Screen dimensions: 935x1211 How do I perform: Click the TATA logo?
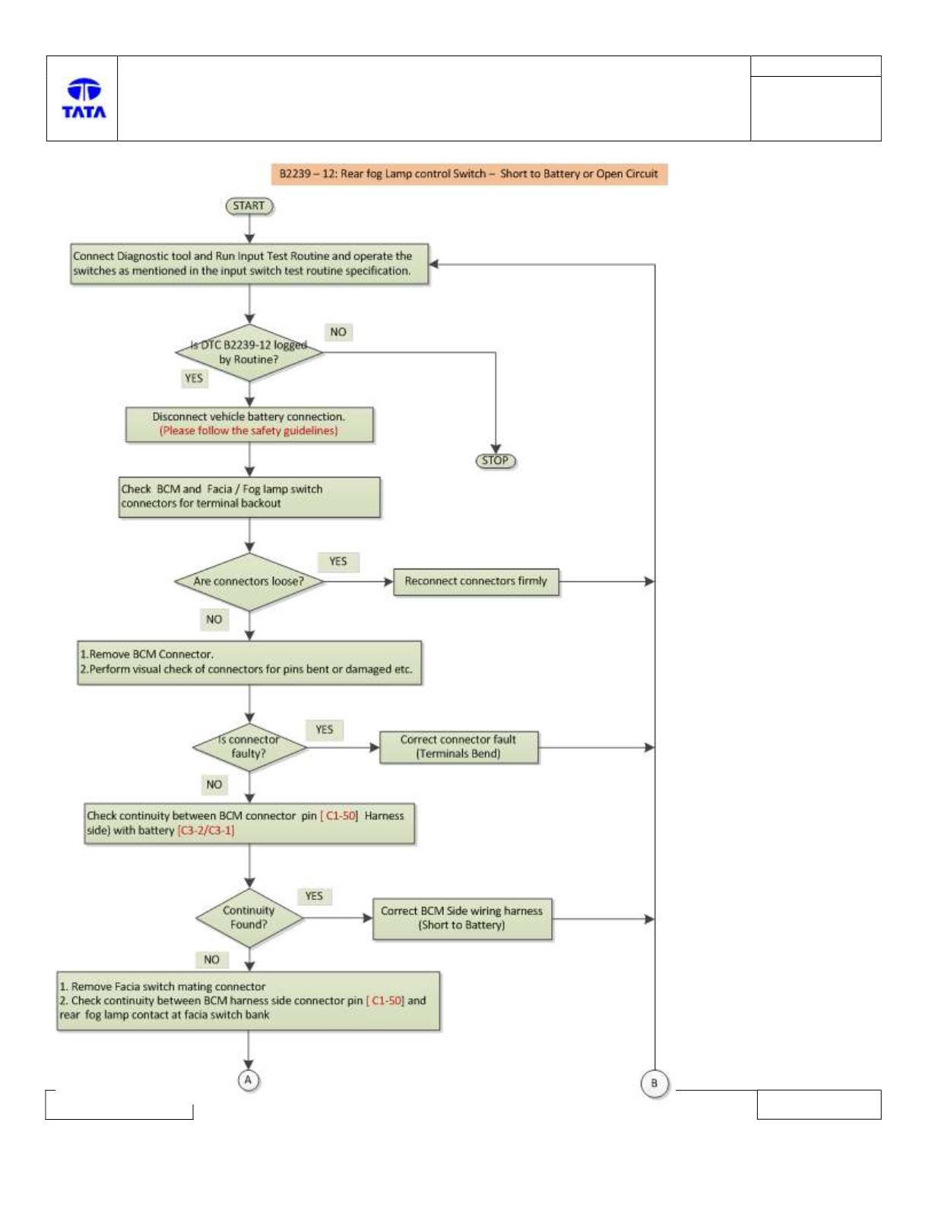tap(84, 98)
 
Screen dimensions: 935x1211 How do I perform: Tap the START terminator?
tap(249, 206)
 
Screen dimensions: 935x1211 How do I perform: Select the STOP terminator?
tap(496, 461)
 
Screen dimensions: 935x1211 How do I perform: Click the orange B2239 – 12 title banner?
tap(469, 174)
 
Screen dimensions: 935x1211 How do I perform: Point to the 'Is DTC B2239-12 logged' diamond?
tap(249, 352)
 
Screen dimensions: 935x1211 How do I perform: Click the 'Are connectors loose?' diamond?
tap(249, 582)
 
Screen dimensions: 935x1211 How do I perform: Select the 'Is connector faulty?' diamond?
tap(249, 747)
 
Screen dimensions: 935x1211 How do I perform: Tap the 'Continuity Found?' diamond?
tap(249, 918)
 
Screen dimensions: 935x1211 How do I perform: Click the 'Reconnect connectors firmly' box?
tap(476, 582)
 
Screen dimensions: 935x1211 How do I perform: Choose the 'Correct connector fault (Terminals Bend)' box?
tap(458, 747)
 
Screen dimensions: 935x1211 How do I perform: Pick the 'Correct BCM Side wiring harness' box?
tap(462, 918)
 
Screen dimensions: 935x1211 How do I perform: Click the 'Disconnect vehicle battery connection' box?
tap(249, 424)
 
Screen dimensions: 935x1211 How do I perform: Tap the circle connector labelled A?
tap(249, 1080)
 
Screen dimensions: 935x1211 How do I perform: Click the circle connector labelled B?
tap(654, 1083)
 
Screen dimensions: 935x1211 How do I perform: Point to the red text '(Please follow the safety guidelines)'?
tap(249, 431)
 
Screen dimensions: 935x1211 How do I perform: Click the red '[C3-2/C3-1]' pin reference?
tap(205, 830)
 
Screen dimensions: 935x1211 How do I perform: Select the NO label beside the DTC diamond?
tap(338, 332)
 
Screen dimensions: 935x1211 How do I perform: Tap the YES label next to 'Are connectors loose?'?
tap(338, 562)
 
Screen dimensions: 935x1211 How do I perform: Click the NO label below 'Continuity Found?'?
tap(212, 959)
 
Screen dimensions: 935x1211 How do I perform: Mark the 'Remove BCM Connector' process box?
tap(249, 662)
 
